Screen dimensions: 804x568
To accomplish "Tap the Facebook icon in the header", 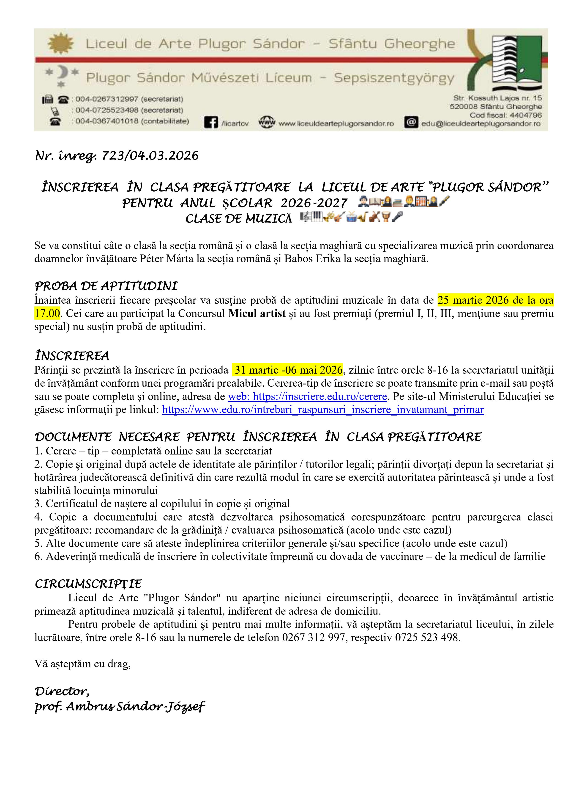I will pos(211,123).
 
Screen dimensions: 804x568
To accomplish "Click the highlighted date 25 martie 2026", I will pos(472,300).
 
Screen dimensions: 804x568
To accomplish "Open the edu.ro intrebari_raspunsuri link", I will pos(323,410).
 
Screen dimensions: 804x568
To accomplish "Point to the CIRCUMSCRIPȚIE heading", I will pos(88,584).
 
